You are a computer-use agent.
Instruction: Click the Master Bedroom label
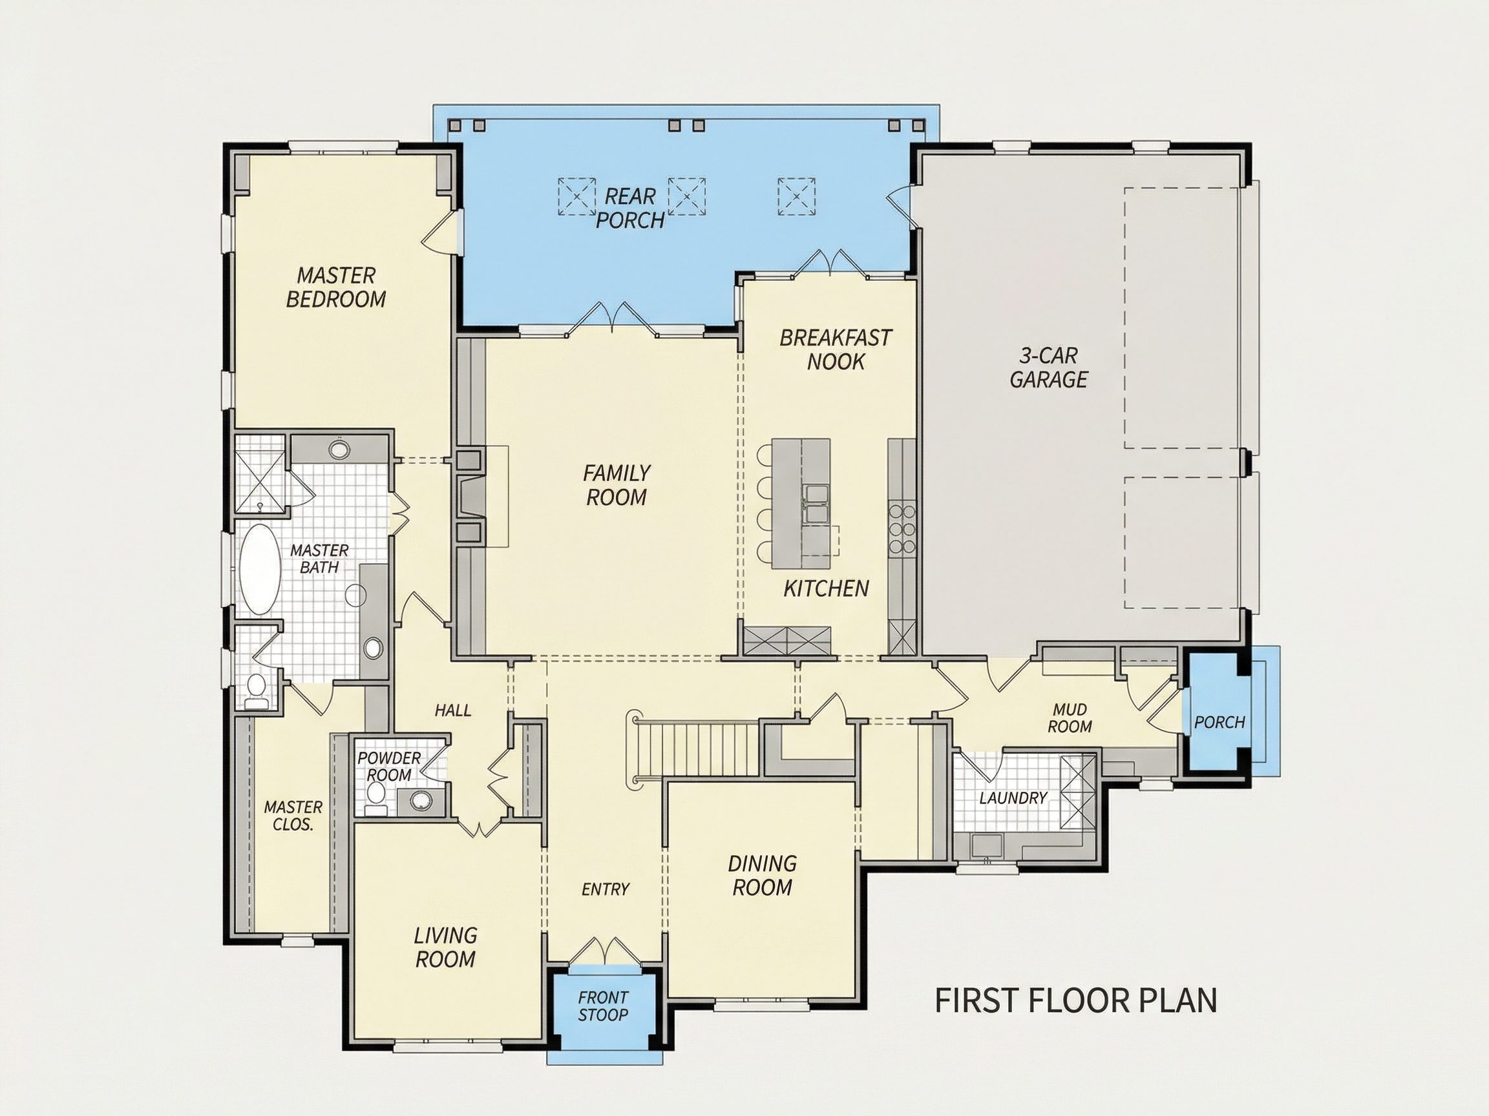click(336, 287)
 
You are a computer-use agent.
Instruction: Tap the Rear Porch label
click(630, 208)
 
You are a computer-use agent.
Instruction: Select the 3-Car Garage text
click(1048, 367)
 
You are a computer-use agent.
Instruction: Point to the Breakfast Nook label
click(836, 350)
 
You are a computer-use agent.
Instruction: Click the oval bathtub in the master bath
click(260, 569)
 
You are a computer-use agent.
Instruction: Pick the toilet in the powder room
click(375, 795)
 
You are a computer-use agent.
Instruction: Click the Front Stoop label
click(602, 1006)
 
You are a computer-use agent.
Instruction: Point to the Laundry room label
click(1013, 798)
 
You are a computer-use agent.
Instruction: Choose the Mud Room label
click(1070, 718)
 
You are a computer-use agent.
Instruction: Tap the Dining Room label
click(762, 875)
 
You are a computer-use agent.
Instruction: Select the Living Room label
click(445, 947)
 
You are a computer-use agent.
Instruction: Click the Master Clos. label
click(293, 815)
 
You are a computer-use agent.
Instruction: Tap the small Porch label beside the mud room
click(1219, 723)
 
